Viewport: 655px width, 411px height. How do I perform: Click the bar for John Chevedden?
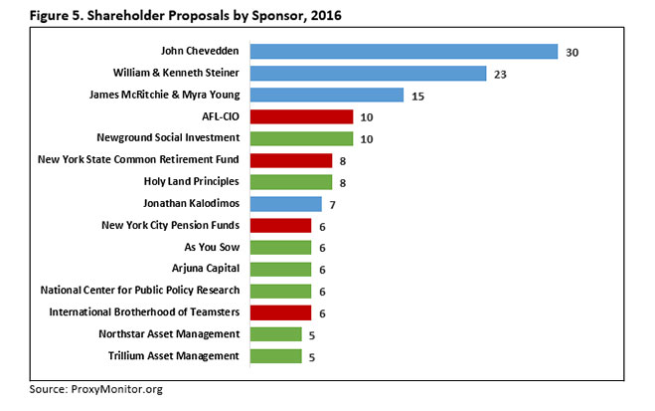(403, 51)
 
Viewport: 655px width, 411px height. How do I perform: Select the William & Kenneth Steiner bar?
(367, 73)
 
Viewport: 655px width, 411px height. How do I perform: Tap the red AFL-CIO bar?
(300, 116)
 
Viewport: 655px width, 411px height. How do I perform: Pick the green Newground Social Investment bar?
(300, 138)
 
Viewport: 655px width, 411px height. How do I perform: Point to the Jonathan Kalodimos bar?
(285, 204)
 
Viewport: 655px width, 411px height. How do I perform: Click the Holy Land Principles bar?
(290, 182)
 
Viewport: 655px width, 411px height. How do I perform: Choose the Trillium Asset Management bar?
(274, 356)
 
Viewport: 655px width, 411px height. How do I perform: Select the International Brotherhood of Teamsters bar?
(279, 312)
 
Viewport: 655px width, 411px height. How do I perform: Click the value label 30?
(572, 52)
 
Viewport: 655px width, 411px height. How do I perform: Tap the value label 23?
(501, 74)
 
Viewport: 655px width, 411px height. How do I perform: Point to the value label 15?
(418, 96)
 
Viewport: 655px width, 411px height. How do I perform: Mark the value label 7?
(334, 205)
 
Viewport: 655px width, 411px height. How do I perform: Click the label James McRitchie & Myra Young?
(156, 95)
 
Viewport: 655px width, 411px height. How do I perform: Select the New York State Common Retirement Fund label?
(138, 160)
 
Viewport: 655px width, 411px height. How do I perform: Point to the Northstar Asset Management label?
(169, 334)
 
